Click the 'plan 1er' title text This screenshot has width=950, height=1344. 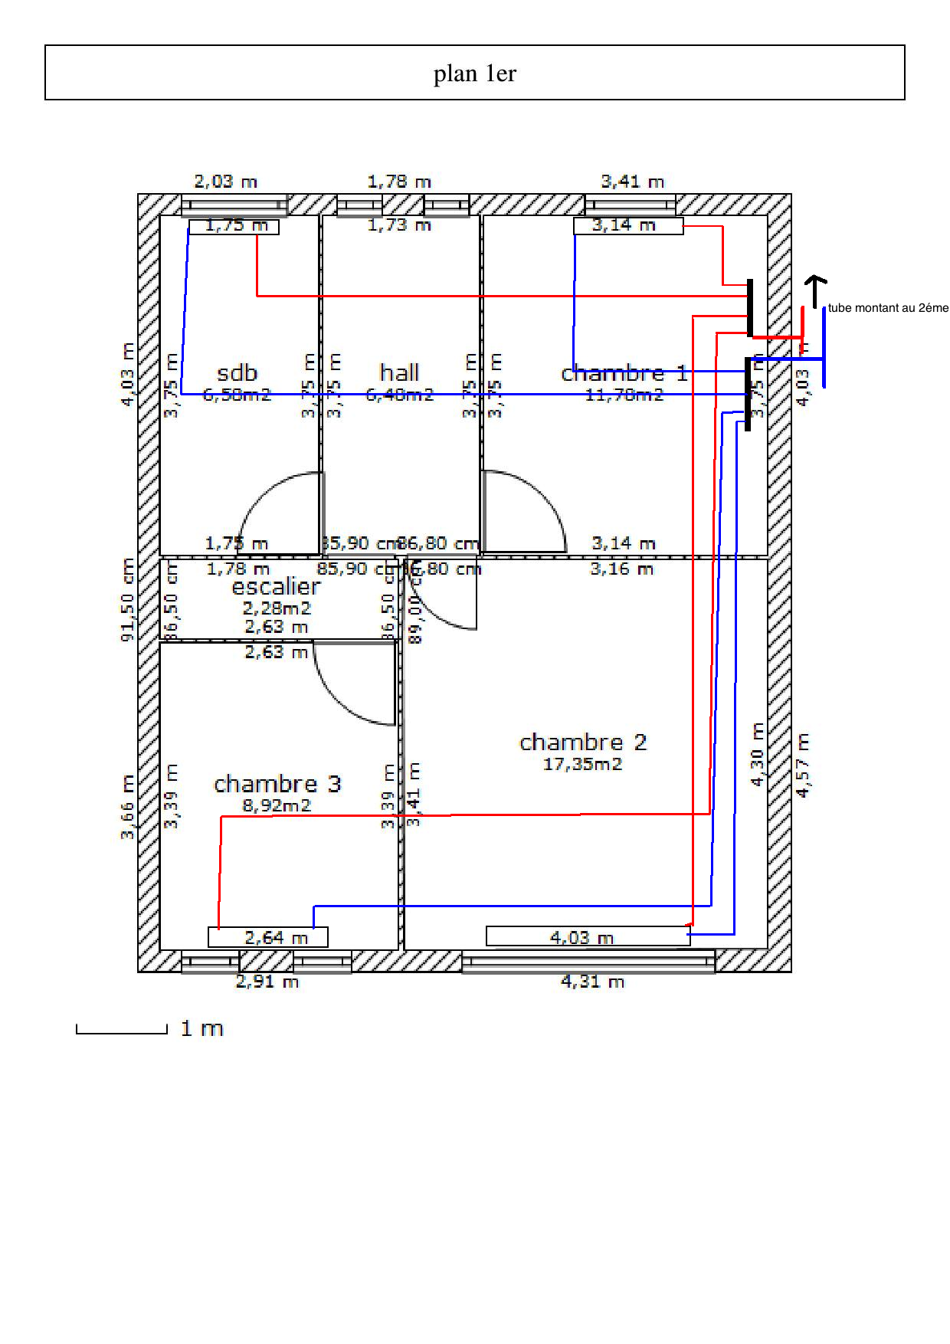(x=475, y=74)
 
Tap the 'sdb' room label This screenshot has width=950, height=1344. (x=237, y=373)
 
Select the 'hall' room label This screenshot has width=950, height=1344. (x=399, y=372)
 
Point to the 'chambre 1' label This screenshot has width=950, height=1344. (x=624, y=374)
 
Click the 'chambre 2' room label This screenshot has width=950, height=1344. (x=582, y=742)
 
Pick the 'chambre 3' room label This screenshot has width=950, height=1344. (x=277, y=784)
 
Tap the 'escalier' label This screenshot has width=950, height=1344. (x=276, y=587)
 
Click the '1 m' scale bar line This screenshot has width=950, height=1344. (x=121, y=1031)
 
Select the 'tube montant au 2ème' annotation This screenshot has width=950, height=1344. (x=888, y=308)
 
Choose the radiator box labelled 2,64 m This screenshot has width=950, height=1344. (x=268, y=937)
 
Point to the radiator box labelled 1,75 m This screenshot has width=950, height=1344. (x=234, y=226)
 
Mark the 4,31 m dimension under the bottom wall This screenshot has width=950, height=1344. (x=592, y=982)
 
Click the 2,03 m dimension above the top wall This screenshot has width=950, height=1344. (x=225, y=182)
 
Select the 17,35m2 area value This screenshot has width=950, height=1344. (x=582, y=764)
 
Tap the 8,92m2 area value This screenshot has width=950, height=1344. (x=277, y=805)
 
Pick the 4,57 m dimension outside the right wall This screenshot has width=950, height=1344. (x=802, y=765)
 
